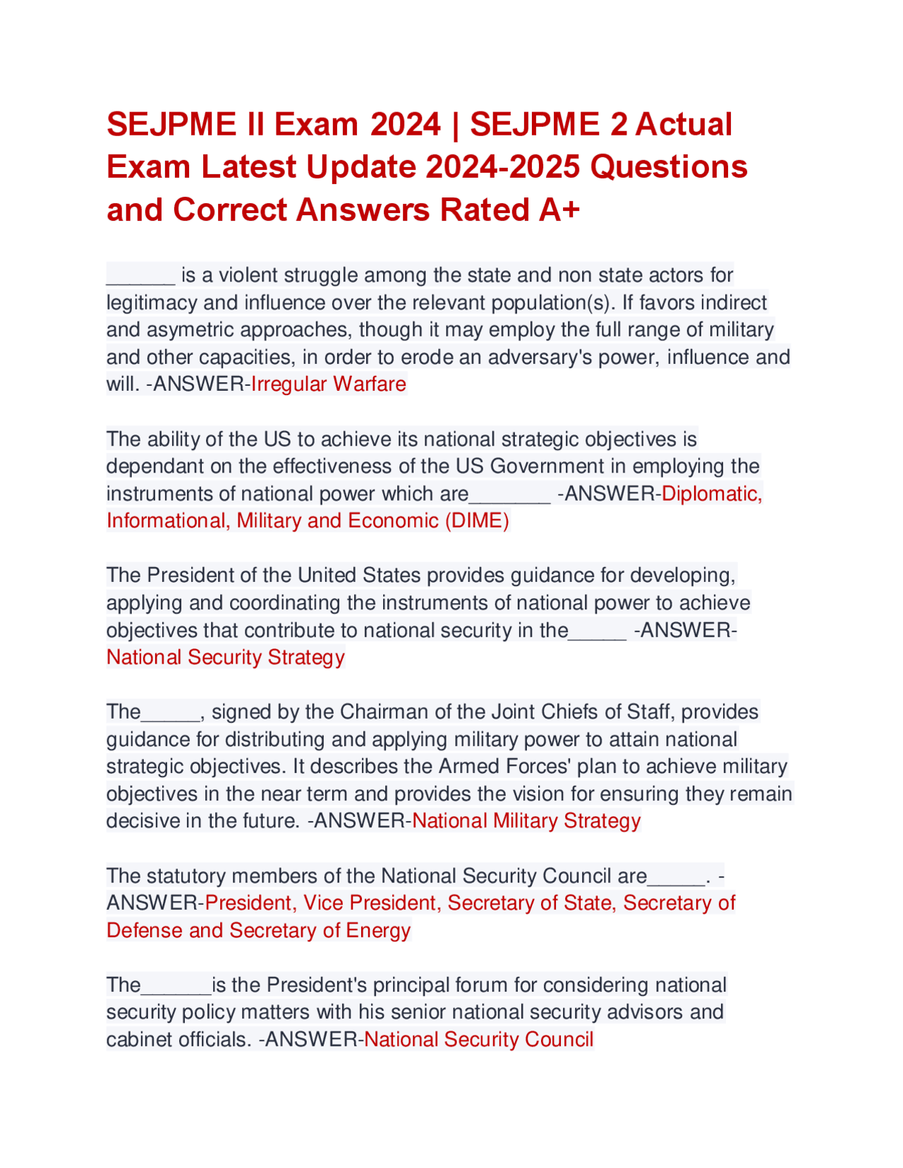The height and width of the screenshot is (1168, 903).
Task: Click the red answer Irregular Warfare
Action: tap(329, 384)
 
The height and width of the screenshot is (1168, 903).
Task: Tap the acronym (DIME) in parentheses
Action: tap(477, 521)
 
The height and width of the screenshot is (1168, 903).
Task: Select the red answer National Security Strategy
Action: tap(226, 657)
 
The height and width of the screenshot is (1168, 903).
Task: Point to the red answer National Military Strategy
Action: tap(526, 821)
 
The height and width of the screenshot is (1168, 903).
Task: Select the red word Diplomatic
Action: tap(711, 494)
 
